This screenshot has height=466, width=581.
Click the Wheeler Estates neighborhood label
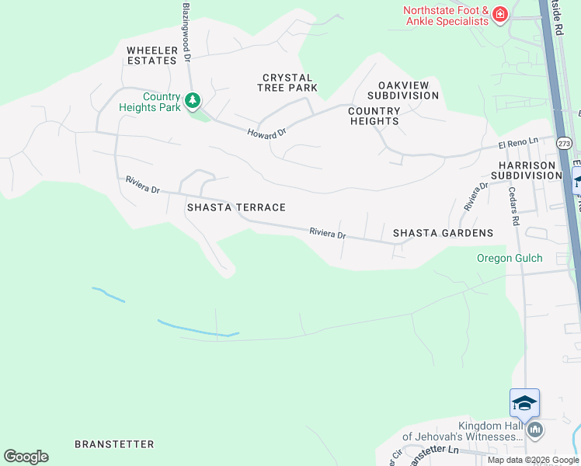(x=152, y=55)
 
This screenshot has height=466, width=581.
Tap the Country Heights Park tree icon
(x=193, y=100)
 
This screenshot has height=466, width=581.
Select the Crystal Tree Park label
(x=287, y=82)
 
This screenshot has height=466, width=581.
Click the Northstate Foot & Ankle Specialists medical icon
(x=499, y=14)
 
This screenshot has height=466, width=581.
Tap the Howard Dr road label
(x=267, y=133)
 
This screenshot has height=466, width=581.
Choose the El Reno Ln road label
(x=518, y=145)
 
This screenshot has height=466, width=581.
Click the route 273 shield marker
(x=564, y=143)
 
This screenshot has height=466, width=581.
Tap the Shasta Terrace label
(x=236, y=207)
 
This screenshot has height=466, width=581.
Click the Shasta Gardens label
(x=443, y=233)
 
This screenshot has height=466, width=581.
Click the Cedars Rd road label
(x=513, y=205)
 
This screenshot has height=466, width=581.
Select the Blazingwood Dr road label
(x=187, y=31)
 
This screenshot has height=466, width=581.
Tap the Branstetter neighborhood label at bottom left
(x=114, y=444)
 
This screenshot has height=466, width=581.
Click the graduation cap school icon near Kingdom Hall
(x=524, y=403)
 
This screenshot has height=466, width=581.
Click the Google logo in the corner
(x=26, y=457)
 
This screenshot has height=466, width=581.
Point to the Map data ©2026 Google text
(x=533, y=460)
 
